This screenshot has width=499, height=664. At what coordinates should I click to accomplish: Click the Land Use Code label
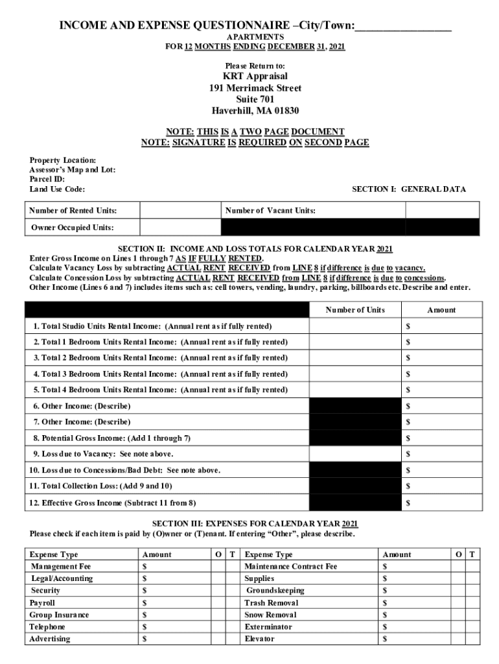tap(57, 189)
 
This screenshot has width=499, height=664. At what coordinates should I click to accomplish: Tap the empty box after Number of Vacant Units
tap(442, 211)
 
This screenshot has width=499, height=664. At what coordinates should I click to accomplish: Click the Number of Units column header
tap(355, 310)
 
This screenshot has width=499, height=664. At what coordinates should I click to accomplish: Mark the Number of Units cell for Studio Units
tap(355, 326)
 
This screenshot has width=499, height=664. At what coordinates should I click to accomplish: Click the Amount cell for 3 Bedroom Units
tap(441, 374)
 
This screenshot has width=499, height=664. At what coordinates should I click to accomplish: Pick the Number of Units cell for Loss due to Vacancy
tap(355, 454)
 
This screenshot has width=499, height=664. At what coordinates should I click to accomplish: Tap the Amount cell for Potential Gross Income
tap(441, 438)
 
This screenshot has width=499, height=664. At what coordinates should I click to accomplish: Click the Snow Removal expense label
tap(270, 615)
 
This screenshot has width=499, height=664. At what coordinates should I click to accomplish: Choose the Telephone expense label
tap(47, 627)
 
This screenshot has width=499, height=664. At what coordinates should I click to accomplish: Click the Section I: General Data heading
tap(408, 189)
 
